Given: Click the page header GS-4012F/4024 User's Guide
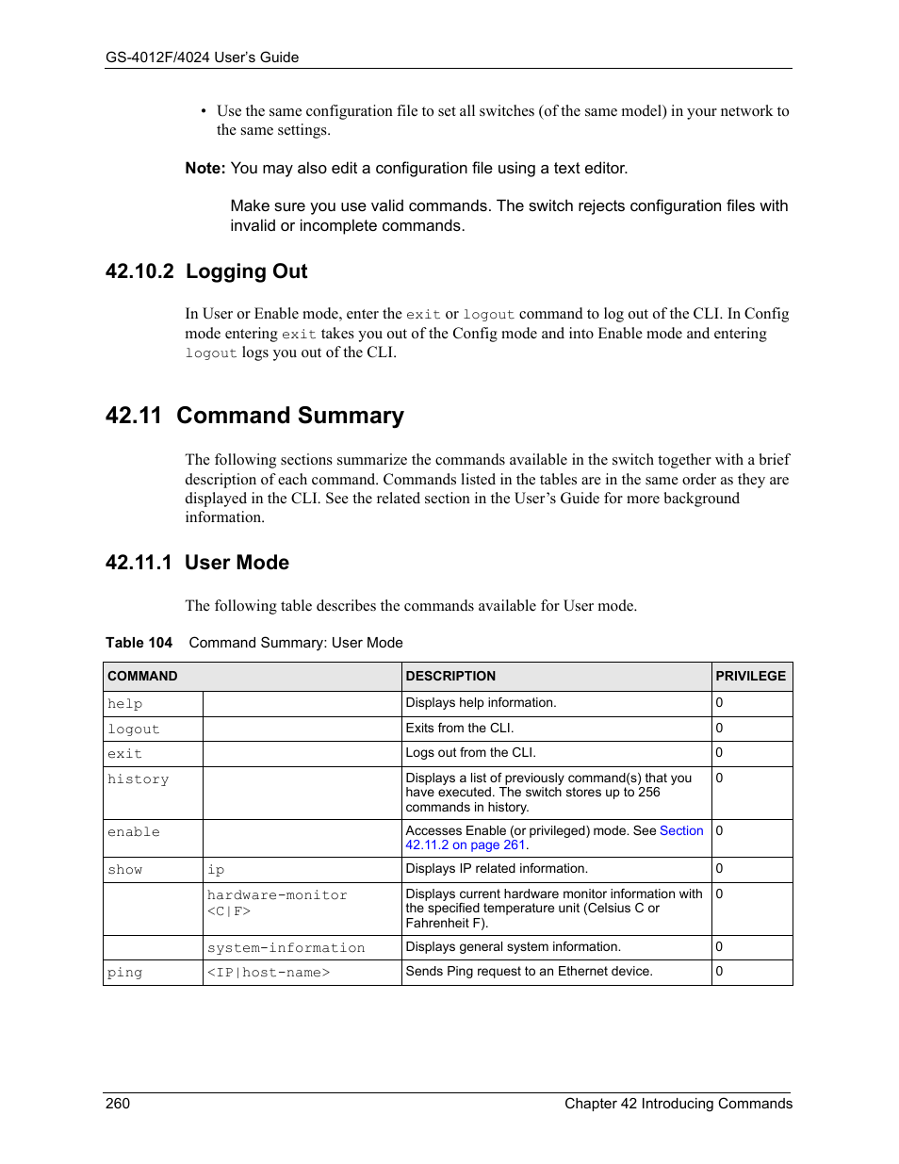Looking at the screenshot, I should pyautogui.click(x=202, y=57).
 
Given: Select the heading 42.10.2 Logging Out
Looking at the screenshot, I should pyautogui.click(x=206, y=271).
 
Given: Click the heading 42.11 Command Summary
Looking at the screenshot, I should pyautogui.click(x=254, y=416).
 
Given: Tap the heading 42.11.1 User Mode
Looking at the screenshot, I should pyautogui.click(x=197, y=563).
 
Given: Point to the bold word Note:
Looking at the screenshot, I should pyautogui.click(x=204, y=169).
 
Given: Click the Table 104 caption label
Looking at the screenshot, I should pyautogui.click(x=139, y=643).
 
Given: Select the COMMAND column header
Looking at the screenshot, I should pyautogui.click(x=142, y=677).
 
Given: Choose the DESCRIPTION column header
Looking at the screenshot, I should pyautogui.click(x=450, y=677).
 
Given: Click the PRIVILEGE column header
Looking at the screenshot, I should pyautogui.click(x=750, y=677).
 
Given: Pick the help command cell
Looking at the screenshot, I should pyautogui.click(x=125, y=704).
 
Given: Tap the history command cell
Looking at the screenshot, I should pyautogui.click(x=139, y=779).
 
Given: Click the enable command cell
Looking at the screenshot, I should pyautogui.click(x=134, y=832).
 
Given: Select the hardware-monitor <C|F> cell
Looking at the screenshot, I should pyautogui.click(x=277, y=903).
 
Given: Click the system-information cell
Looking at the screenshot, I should pyautogui.click(x=286, y=948).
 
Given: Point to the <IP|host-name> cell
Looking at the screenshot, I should pyautogui.click(x=269, y=973).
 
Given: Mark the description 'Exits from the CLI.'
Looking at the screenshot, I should pyautogui.click(x=460, y=729).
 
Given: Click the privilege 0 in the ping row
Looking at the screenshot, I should pyautogui.click(x=719, y=972).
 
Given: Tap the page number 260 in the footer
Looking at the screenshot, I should pyautogui.click(x=118, y=1104).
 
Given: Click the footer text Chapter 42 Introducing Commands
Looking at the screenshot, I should pyautogui.click(x=678, y=1104).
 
